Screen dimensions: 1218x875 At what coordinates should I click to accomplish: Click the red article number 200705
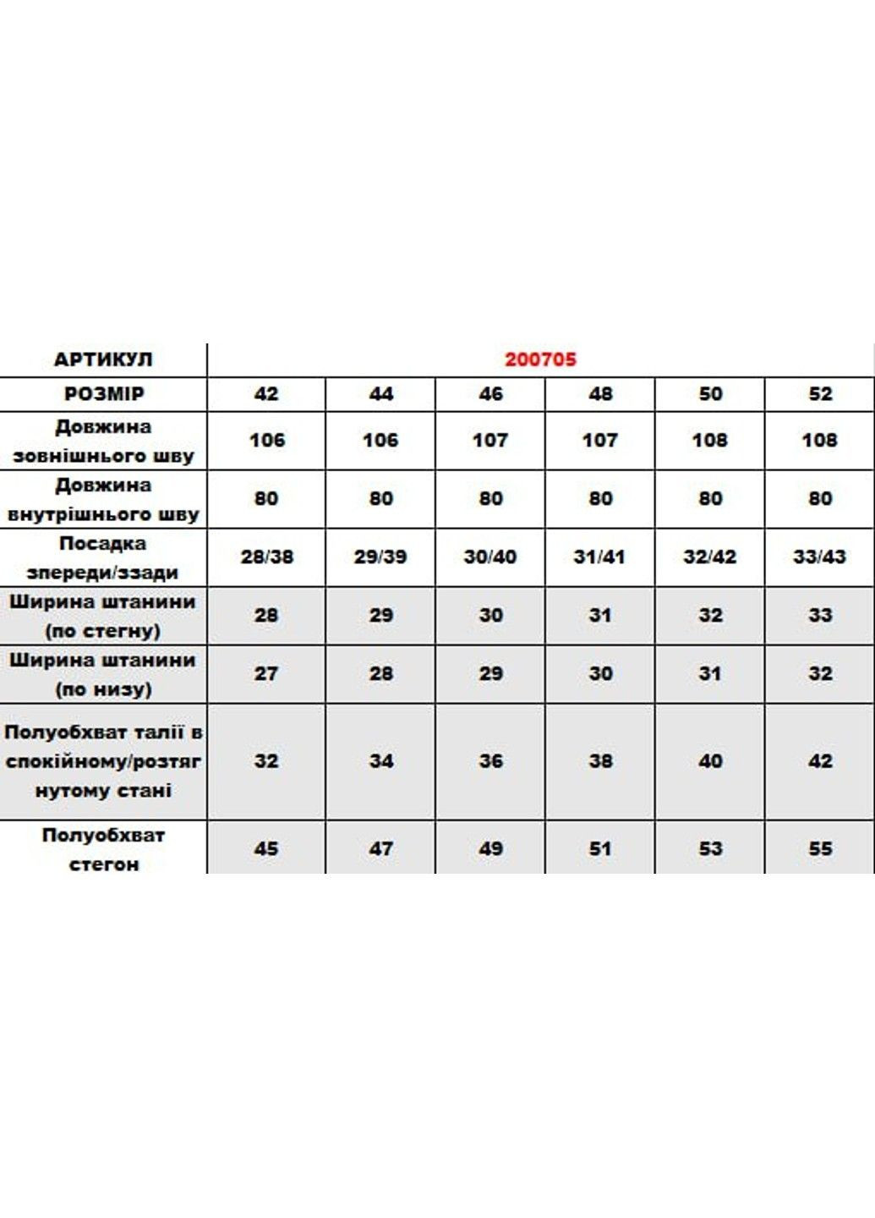click(x=540, y=359)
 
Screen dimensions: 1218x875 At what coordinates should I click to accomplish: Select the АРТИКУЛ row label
click(x=103, y=359)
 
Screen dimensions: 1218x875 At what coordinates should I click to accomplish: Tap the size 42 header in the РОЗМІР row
click(x=266, y=394)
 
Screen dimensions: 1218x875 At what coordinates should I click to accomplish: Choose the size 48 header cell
click(x=600, y=394)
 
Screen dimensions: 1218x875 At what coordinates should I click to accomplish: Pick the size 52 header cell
click(x=820, y=394)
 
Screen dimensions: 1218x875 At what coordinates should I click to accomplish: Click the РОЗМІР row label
click(x=103, y=394)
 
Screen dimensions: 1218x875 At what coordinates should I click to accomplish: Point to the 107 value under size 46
click(x=490, y=441)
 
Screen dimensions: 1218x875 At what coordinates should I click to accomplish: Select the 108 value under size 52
click(x=820, y=441)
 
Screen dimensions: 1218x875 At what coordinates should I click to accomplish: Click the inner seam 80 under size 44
click(x=380, y=499)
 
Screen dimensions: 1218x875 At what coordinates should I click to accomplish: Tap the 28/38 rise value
click(x=266, y=557)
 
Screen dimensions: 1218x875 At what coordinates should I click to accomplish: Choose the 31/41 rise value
click(x=599, y=557)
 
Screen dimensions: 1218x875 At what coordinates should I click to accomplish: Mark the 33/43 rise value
click(x=820, y=557)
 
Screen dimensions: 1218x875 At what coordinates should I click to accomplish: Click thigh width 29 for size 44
click(x=380, y=616)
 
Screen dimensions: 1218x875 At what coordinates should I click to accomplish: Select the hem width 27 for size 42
click(x=266, y=674)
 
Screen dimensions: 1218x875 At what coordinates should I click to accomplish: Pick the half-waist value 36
click(x=490, y=761)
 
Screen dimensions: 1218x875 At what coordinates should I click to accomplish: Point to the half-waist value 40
click(x=710, y=761)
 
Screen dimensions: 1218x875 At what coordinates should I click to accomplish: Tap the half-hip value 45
click(x=266, y=848)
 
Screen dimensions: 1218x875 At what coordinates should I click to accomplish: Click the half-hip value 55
click(x=820, y=848)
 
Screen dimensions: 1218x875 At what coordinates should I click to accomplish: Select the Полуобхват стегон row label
click(x=103, y=849)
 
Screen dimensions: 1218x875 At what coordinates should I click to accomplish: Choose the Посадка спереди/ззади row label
click(x=103, y=557)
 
